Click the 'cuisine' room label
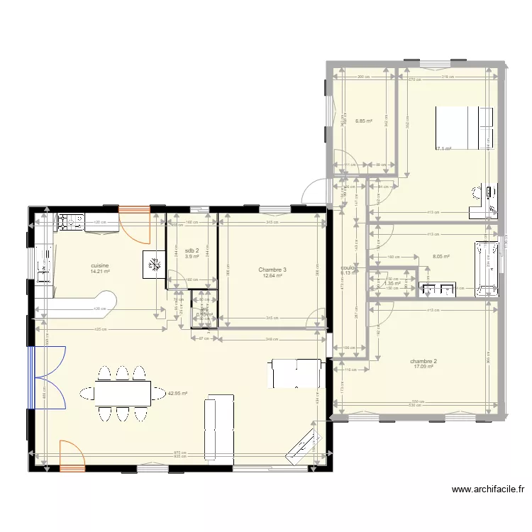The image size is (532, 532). [99, 265]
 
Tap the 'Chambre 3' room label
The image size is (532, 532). [272, 270]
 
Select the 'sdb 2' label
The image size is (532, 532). [192, 251]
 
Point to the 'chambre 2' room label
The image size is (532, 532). [423, 361]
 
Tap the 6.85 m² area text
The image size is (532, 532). [364, 121]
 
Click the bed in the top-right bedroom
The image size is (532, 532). [463, 128]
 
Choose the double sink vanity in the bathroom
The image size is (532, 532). [438, 289]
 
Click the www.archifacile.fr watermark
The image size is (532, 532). [488, 489]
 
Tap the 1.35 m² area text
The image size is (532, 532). [392, 283]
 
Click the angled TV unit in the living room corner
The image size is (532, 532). [301, 443]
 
